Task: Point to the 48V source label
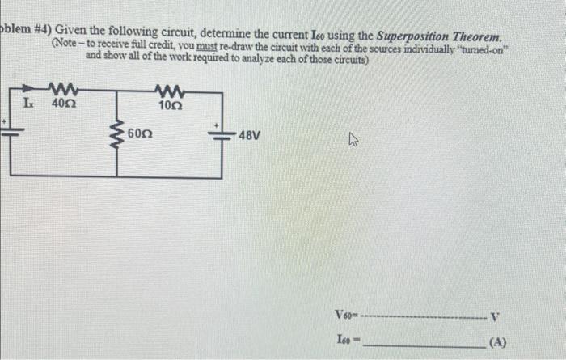250,137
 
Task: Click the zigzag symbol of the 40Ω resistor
62,88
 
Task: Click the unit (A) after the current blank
496,343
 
